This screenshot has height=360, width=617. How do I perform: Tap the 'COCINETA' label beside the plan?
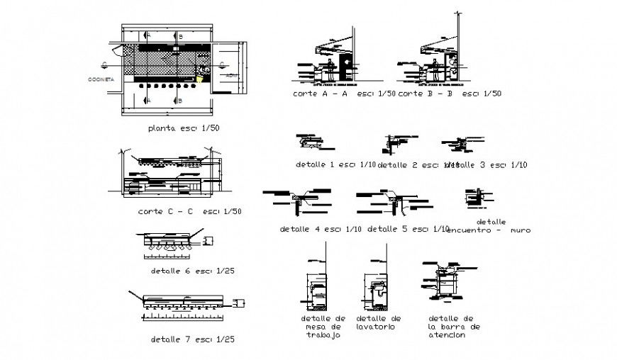(x=101, y=79)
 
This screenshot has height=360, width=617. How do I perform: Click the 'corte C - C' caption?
(x=190, y=211)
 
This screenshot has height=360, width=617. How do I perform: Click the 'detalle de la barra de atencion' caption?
(x=454, y=327)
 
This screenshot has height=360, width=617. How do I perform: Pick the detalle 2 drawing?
(x=394, y=144)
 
